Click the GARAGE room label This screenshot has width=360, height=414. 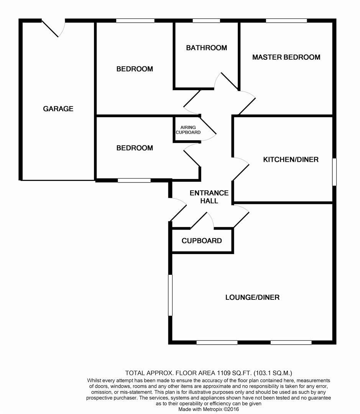58,108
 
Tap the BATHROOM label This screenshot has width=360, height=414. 207,48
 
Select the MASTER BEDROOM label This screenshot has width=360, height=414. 286,57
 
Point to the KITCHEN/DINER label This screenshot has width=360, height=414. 291,159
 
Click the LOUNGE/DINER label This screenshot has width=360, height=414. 252,297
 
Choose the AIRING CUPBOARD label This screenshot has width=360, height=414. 188,130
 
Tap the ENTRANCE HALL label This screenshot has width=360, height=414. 209,197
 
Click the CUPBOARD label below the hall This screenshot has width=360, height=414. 202,241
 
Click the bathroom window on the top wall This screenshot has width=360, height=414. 206,21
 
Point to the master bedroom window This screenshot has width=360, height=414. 286,21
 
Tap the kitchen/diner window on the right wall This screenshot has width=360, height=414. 334,172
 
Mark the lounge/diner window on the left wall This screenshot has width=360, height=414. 170,295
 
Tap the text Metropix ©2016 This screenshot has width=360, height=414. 221,409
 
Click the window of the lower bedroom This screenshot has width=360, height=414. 134,181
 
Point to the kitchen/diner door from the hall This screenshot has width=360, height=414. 241,169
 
